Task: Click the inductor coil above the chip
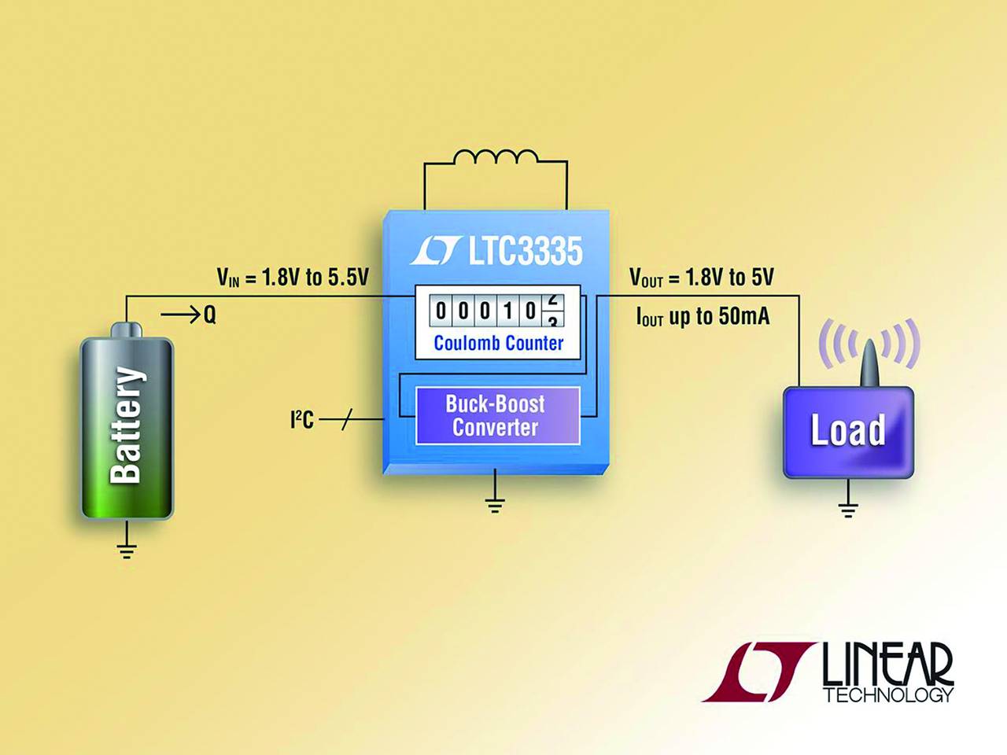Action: (x=495, y=158)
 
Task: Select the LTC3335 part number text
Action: (x=525, y=252)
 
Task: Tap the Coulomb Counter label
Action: (x=498, y=344)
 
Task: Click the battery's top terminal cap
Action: (x=126, y=330)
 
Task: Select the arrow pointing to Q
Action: (x=180, y=315)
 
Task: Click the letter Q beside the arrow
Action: (x=209, y=315)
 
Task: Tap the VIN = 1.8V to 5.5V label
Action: (x=293, y=278)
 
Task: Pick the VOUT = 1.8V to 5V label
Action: (x=701, y=278)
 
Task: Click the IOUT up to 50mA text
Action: (x=703, y=317)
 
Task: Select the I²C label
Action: (x=302, y=420)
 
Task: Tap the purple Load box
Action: (x=848, y=432)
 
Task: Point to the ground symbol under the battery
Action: (x=127, y=549)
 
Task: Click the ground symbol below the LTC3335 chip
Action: (x=495, y=503)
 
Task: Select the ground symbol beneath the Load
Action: (x=848, y=510)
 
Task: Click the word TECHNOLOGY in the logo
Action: (x=888, y=695)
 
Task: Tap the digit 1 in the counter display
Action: (x=508, y=311)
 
